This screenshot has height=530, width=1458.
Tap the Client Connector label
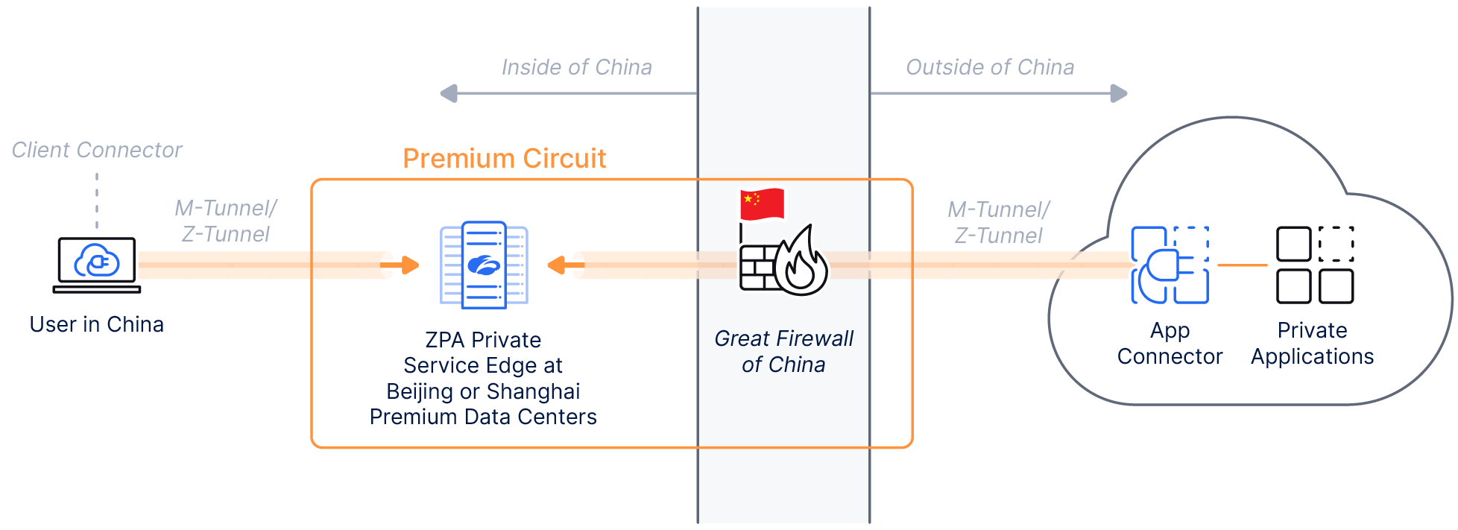click(x=97, y=150)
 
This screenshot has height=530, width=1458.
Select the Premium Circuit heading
click(x=504, y=159)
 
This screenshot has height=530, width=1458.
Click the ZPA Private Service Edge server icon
click(x=484, y=265)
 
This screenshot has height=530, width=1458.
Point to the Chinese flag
click(x=762, y=204)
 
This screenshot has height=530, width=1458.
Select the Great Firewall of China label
click(x=783, y=351)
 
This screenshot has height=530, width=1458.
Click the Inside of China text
click(x=576, y=67)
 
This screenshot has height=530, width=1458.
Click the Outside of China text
click(x=989, y=67)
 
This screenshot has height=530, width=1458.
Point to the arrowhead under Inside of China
click(x=449, y=94)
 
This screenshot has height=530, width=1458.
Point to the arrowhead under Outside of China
click(x=1118, y=94)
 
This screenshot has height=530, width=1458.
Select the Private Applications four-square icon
click(x=1314, y=265)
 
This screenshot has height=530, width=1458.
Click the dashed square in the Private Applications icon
click(x=1336, y=244)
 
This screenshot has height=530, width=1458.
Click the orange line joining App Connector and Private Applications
click(x=1243, y=265)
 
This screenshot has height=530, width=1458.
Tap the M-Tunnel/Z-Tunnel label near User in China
click(x=225, y=221)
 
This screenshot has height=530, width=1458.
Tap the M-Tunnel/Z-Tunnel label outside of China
click(x=998, y=222)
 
